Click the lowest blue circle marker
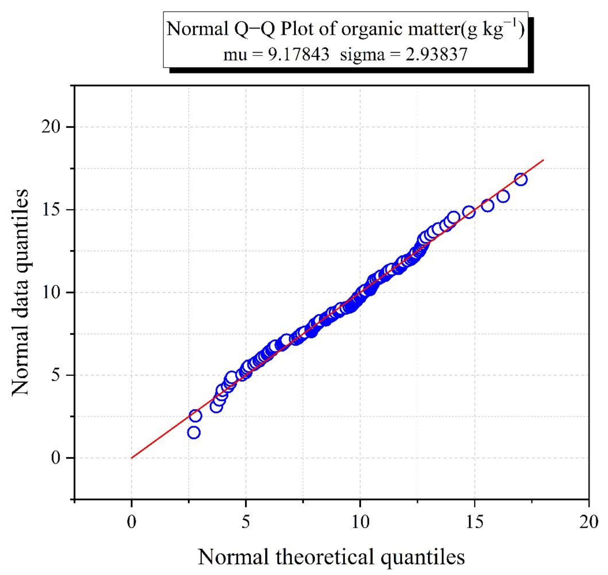pyautogui.click(x=194, y=433)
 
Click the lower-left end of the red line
pyautogui.click(x=132, y=458)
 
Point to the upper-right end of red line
pyautogui.click(x=544, y=160)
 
